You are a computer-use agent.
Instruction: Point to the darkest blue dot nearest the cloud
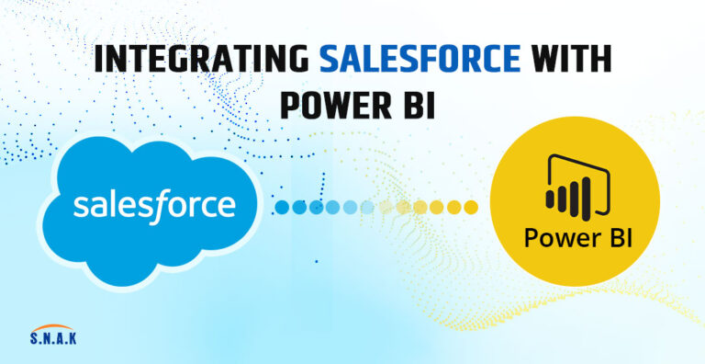click(283, 207)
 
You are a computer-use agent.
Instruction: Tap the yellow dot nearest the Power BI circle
click(470, 207)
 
